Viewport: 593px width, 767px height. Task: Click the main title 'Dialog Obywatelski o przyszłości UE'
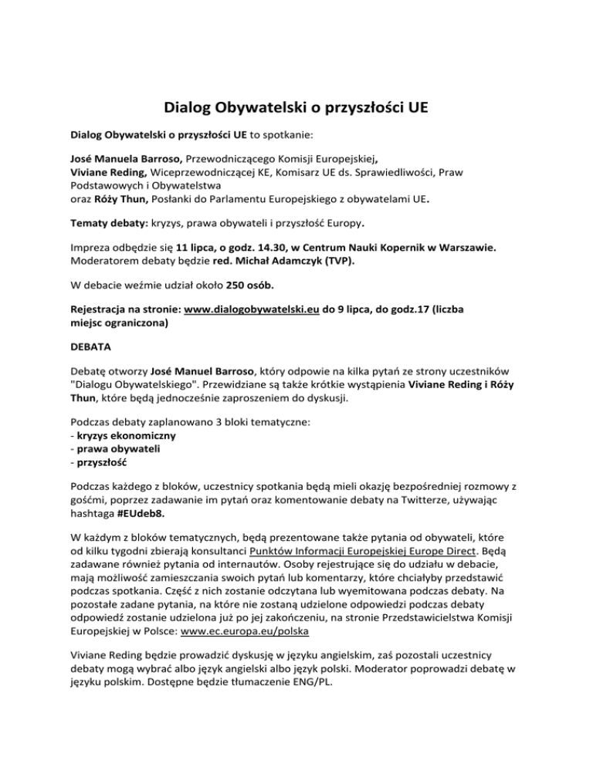coord(296,109)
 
